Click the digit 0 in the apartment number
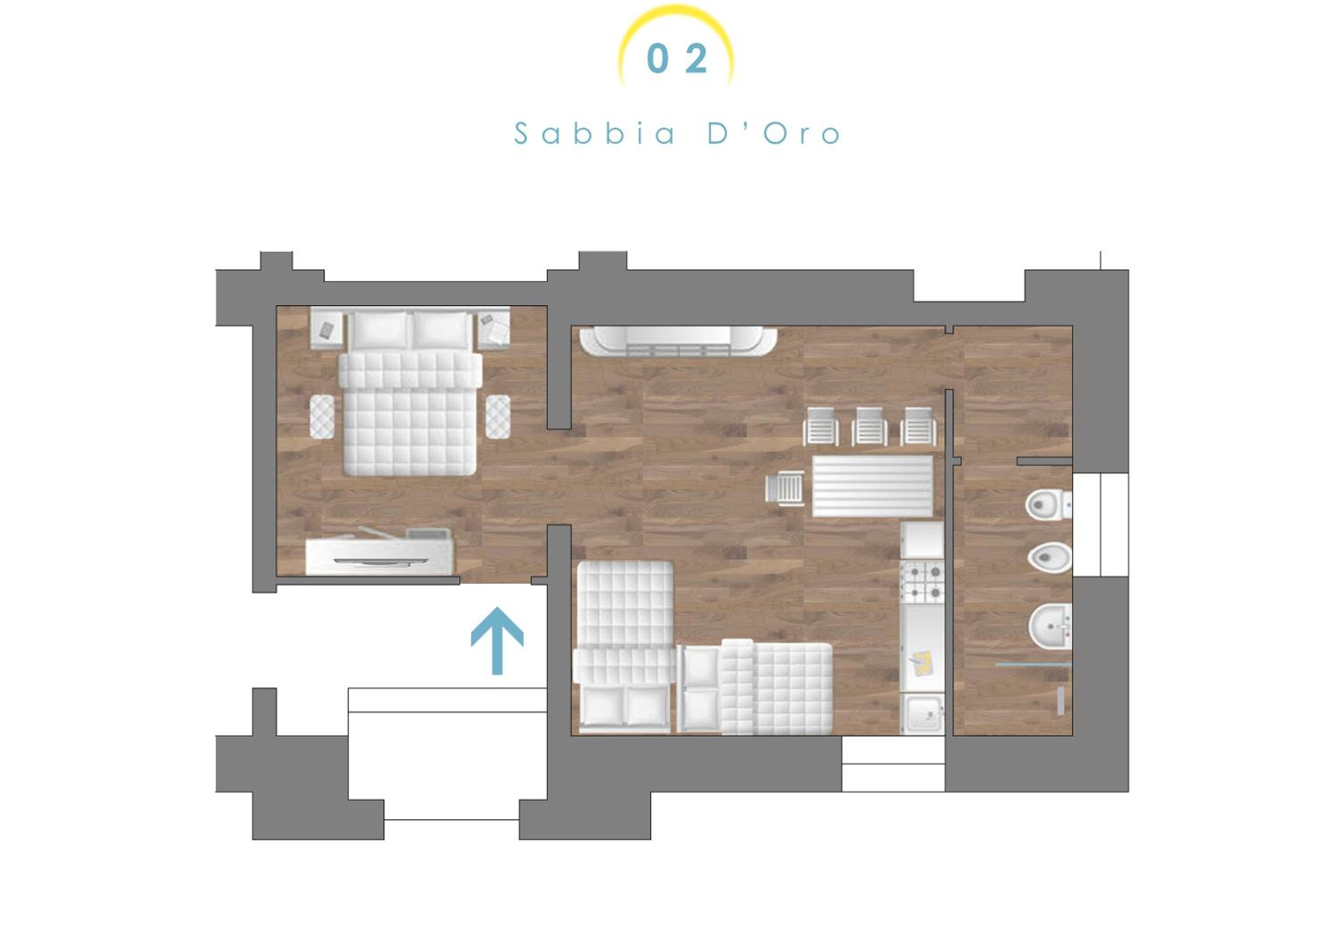[x=657, y=59]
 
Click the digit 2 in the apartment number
[x=696, y=59]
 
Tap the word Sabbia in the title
[x=595, y=133]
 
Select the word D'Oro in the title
[x=774, y=133]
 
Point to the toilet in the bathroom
[x=1048, y=505]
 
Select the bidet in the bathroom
[x=1049, y=558]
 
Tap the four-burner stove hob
[x=922, y=582]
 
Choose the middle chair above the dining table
[x=869, y=426]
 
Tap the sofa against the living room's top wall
[x=678, y=341]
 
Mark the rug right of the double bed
[x=498, y=417]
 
